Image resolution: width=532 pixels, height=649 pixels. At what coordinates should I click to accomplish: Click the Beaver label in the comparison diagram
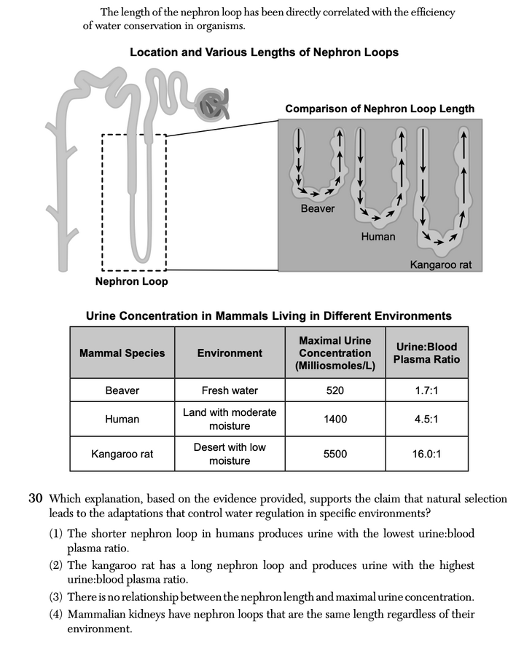click(x=318, y=209)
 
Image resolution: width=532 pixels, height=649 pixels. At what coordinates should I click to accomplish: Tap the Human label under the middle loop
click(x=378, y=237)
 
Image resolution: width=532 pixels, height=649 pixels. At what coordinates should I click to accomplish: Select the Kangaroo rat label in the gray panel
click(x=441, y=264)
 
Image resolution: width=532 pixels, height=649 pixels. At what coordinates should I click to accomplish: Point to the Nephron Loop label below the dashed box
click(x=131, y=281)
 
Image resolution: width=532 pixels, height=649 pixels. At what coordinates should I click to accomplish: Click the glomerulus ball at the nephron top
click(x=213, y=105)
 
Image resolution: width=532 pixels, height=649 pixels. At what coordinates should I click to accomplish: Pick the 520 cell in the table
click(x=335, y=390)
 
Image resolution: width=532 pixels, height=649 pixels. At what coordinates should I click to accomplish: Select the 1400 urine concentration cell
click(x=335, y=419)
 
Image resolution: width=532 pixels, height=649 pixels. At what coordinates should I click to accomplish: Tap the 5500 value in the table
click(x=335, y=454)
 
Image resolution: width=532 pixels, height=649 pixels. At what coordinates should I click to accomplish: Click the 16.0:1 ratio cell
click(x=426, y=454)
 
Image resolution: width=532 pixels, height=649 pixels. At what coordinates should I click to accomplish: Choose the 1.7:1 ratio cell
click(x=426, y=390)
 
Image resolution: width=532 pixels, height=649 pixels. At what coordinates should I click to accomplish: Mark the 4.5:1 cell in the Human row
click(x=426, y=419)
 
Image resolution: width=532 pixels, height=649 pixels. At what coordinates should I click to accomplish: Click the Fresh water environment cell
click(x=230, y=390)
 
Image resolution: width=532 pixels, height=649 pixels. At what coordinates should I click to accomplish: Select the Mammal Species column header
click(x=122, y=353)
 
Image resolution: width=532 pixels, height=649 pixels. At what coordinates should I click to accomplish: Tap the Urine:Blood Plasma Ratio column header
click(x=426, y=353)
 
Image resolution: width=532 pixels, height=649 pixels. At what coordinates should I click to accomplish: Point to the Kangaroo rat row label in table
click(x=122, y=454)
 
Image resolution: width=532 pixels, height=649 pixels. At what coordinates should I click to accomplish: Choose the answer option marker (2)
click(x=58, y=565)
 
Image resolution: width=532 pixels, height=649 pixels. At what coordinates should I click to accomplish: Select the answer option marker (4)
click(x=58, y=614)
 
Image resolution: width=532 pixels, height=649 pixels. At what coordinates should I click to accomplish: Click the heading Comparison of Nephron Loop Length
click(x=380, y=109)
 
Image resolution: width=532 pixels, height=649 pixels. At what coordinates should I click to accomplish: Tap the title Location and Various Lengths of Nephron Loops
click(x=264, y=52)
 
